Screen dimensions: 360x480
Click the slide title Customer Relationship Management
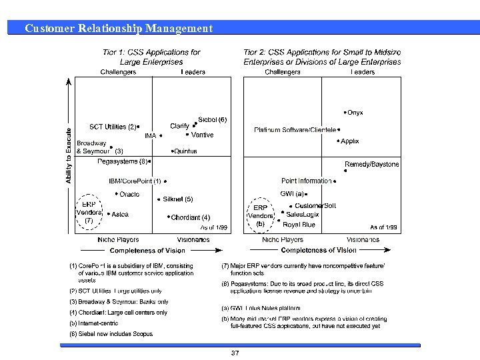(x=118, y=28)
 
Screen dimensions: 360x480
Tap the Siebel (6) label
(x=213, y=120)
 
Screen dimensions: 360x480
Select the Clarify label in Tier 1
(x=179, y=126)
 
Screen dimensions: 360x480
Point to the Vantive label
(x=203, y=135)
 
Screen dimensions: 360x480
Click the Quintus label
(x=185, y=151)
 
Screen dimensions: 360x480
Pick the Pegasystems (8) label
(x=122, y=161)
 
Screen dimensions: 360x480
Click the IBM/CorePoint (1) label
(x=135, y=181)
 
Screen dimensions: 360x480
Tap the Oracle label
(x=129, y=194)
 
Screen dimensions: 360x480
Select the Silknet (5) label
(x=178, y=199)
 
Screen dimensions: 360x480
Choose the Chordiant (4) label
(x=191, y=217)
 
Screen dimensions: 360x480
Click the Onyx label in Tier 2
(x=355, y=113)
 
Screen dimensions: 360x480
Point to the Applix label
(x=350, y=141)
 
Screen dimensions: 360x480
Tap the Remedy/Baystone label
(x=371, y=164)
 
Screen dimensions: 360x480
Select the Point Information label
(x=306, y=181)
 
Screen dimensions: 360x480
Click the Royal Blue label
(x=299, y=225)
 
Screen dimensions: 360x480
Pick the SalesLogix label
(x=303, y=215)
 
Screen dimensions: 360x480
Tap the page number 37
(x=235, y=353)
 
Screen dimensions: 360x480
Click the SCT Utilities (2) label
(x=112, y=127)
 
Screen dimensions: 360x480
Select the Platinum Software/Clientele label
(x=295, y=130)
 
